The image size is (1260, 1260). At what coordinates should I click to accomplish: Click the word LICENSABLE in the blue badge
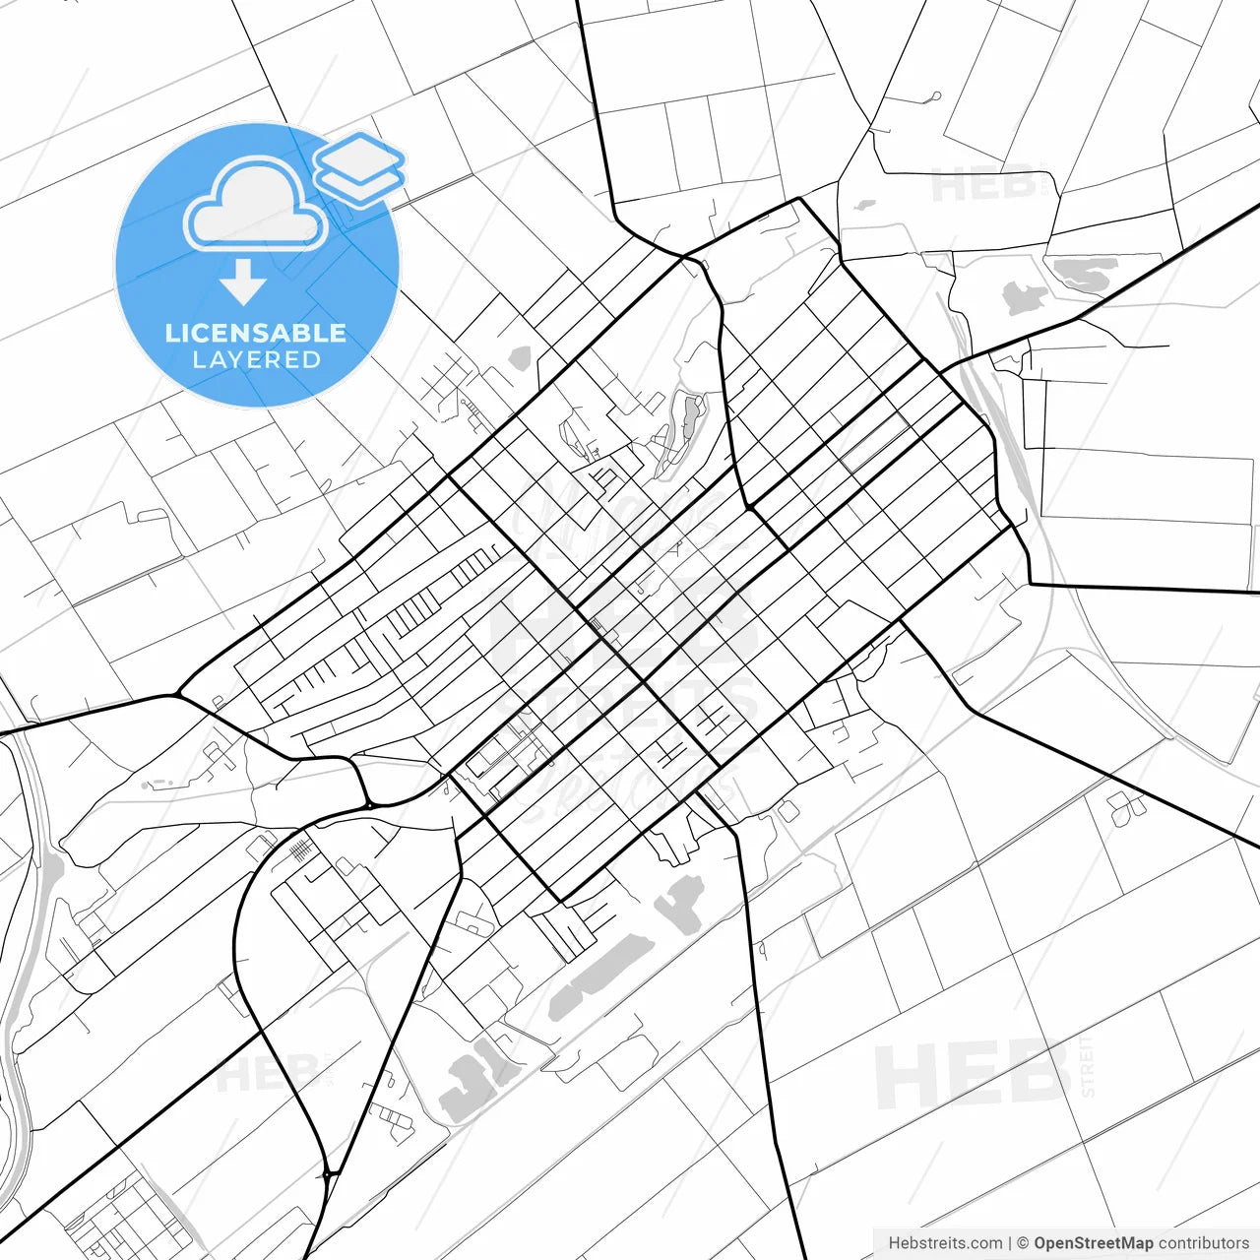point(256,333)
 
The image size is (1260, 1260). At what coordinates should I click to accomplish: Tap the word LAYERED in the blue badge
point(256,359)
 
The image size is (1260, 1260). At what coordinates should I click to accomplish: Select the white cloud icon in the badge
point(256,205)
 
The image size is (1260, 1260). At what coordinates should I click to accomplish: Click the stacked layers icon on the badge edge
point(359,167)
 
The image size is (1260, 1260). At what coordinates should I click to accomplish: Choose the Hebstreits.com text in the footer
point(945,1243)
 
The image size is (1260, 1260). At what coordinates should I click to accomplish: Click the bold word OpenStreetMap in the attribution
point(1093,1243)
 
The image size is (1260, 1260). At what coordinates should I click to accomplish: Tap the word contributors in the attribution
point(1203,1243)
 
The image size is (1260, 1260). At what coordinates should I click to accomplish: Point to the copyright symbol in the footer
point(1023,1243)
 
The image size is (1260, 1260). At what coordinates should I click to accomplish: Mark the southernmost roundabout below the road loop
point(328,1173)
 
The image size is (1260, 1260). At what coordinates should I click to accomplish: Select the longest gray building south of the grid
point(600,975)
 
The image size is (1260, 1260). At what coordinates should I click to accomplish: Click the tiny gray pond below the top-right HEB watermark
point(865,206)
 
